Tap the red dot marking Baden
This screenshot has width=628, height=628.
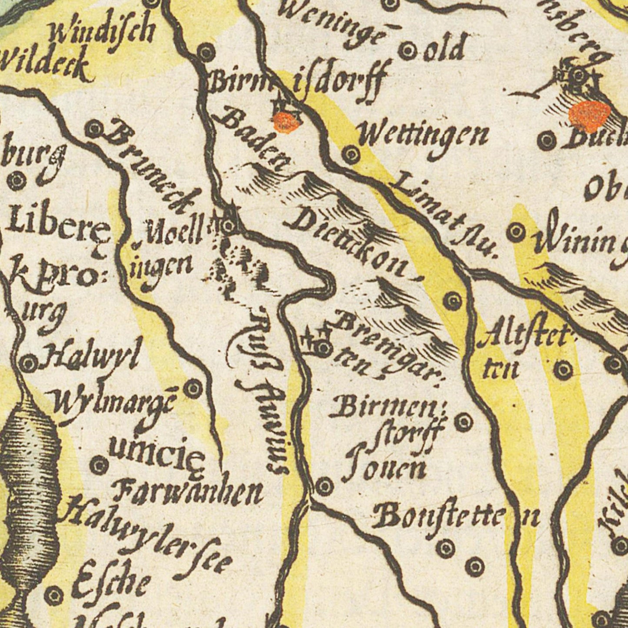point(286,121)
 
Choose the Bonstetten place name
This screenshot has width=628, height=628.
point(456,517)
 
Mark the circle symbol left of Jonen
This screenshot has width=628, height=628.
point(324,485)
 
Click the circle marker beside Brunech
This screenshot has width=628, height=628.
point(94,129)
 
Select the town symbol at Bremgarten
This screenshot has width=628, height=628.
point(322,347)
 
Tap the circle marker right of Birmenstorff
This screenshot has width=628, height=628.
point(464,421)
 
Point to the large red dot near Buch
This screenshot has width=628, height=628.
point(589,115)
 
